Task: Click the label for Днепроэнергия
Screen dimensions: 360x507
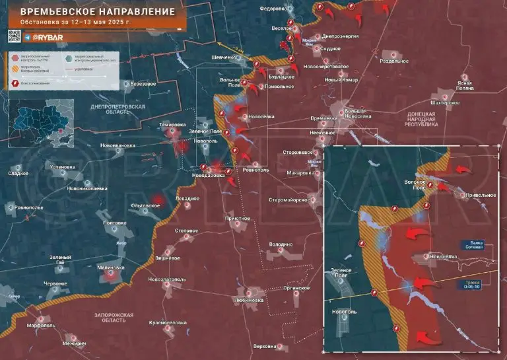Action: pos(341,37)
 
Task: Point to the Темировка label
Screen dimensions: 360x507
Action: pos(173,125)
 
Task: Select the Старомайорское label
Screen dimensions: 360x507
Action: pos(290,199)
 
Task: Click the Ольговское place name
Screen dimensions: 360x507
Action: pos(145,205)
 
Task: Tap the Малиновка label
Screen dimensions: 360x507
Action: pos(110,268)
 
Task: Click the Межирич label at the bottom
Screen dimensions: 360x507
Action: pos(75,343)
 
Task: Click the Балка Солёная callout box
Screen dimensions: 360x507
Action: pos(472,245)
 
